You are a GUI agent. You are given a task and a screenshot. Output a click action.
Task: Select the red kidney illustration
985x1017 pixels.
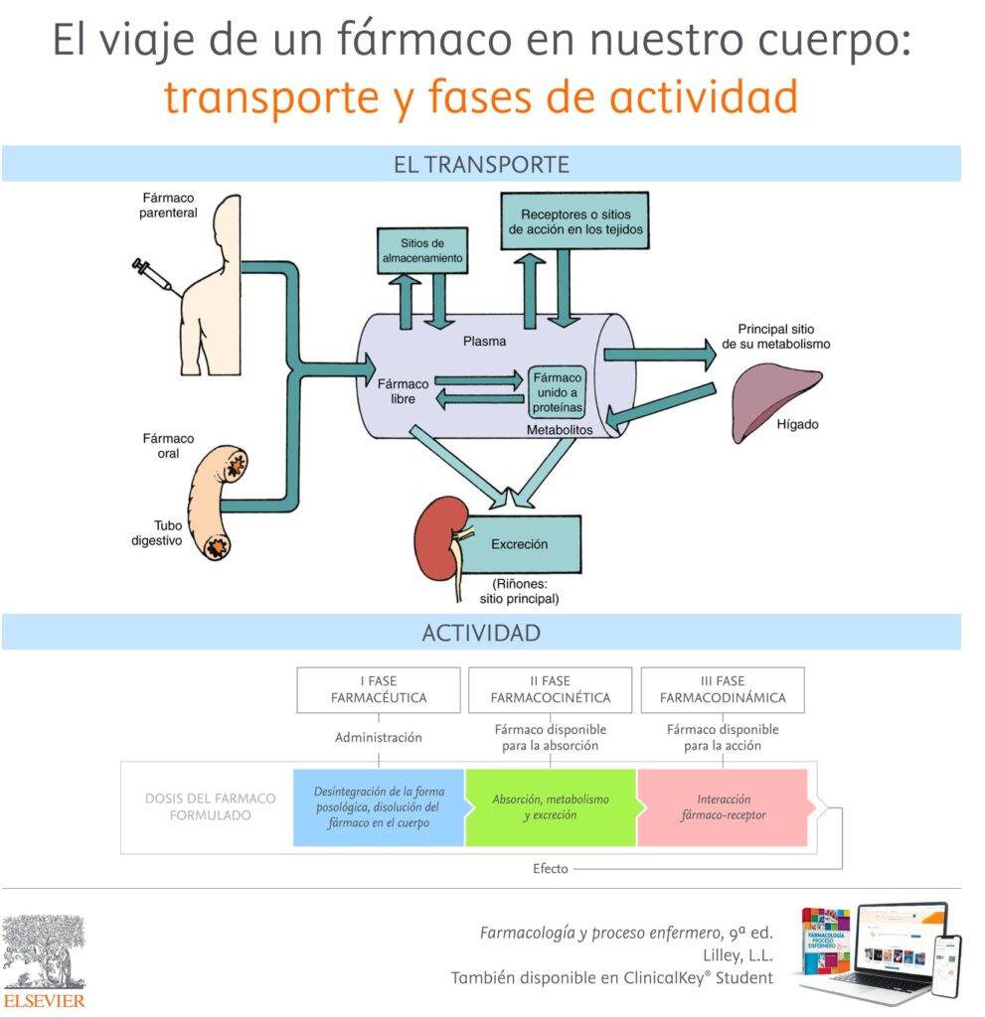[x=439, y=539]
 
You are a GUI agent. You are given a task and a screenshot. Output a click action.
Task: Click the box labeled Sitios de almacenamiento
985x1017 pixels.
[x=422, y=250]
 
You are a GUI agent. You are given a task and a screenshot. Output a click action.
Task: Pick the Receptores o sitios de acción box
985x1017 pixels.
[x=575, y=220]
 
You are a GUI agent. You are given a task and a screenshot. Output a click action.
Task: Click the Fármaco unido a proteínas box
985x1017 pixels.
[x=557, y=391]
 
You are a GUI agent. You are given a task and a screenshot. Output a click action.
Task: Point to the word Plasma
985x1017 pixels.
[x=484, y=342]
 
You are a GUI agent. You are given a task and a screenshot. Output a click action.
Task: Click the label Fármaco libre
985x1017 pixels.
[x=403, y=391]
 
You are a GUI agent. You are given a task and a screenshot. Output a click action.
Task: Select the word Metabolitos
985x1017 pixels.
[x=559, y=430]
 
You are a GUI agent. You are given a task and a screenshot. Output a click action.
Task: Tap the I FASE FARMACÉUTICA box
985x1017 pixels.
[x=379, y=689]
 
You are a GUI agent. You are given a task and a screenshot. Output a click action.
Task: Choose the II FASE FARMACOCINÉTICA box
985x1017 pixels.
[x=551, y=689]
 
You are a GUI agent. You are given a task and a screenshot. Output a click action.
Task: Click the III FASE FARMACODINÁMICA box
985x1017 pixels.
[x=723, y=689]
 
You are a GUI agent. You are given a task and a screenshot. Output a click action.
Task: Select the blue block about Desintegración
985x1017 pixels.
[x=380, y=807]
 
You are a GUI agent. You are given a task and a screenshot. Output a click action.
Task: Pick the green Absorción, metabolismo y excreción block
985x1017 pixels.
[x=551, y=807]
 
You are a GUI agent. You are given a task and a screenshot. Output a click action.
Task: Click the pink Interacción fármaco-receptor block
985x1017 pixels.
[x=724, y=807]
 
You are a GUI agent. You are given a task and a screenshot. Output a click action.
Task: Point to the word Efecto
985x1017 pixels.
[x=550, y=868]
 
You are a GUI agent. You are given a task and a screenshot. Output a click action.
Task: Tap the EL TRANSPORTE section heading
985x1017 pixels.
[x=481, y=164]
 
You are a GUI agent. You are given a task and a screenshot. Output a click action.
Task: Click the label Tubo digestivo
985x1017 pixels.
[x=156, y=532]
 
